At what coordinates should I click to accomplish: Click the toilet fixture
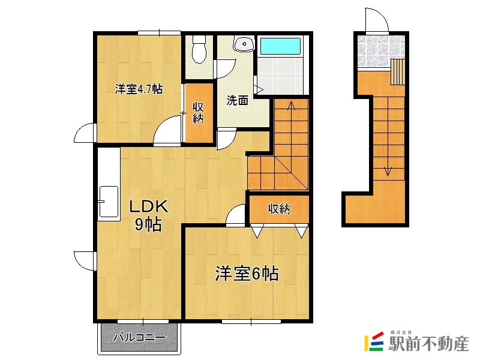tap(199, 49)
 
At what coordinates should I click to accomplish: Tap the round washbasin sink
tap(244, 44)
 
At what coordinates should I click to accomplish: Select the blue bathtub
tap(280, 46)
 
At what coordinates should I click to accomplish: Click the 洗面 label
tap(237, 100)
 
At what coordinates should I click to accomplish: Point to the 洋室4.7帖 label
tap(139, 89)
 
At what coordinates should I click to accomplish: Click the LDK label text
tap(148, 206)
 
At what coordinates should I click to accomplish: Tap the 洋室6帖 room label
tap(247, 274)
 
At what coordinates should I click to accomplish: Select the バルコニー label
tap(140, 338)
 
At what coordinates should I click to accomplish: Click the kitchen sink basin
tap(109, 202)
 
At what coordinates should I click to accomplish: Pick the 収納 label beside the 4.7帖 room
tap(198, 113)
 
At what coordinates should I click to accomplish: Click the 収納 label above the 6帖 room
tap(279, 209)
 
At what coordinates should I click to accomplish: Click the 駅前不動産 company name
tap(428, 344)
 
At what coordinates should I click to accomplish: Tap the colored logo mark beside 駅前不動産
tap(374, 341)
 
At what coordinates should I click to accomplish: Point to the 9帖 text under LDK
tap(148, 225)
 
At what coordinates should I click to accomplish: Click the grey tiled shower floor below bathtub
tap(280, 76)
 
